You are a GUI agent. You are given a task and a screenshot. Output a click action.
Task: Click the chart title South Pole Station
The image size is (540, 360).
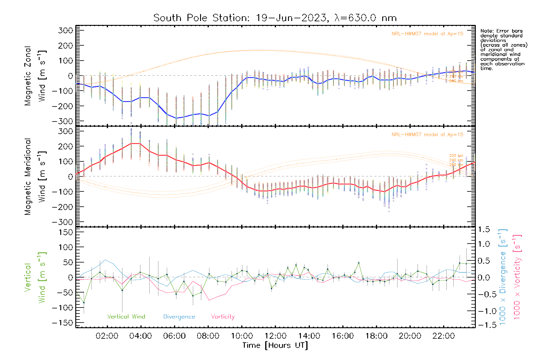[x=275, y=18]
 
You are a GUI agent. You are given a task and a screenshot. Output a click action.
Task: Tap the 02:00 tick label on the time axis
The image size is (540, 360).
[x=107, y=336]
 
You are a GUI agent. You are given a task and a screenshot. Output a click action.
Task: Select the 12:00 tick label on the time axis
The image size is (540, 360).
[x=275, y=336]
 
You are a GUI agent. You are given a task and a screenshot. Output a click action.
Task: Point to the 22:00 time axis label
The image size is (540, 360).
[x=444, y=336]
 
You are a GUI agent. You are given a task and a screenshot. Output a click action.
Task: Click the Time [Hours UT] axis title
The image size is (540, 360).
[x=275, y=345]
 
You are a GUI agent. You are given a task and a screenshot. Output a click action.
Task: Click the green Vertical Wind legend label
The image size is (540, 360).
[x=126, y=317]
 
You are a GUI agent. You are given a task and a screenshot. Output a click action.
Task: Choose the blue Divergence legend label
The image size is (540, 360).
[x=179, y=317]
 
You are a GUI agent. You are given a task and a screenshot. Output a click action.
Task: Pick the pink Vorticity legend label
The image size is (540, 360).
[x=223, y=317]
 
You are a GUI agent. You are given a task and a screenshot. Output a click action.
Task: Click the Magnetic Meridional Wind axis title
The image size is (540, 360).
[x=35, y=176]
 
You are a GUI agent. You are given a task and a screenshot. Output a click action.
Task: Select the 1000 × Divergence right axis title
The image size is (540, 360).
[x=503, y=277]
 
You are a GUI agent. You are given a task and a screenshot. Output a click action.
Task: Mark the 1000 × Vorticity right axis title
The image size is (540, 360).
[x=517, y=277]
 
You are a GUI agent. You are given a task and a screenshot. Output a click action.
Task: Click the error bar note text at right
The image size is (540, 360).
[x=503, y=49]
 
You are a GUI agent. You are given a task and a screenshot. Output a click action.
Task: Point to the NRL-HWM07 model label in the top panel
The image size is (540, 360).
[x=427, y=34]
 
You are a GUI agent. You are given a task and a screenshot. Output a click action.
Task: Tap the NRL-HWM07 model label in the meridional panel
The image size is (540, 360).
[x=427, y=135]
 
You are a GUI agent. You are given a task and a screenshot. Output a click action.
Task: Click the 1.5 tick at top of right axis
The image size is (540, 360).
[x=484, y=229]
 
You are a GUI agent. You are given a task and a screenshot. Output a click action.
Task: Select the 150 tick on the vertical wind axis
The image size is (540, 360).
[x=66, y=232]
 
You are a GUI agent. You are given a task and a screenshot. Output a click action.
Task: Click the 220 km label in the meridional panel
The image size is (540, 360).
[x=456, y=156]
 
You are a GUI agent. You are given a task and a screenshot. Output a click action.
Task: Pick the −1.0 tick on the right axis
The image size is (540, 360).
[x=484, y=311]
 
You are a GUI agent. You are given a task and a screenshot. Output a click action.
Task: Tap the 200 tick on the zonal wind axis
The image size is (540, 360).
[x=66, y=46]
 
